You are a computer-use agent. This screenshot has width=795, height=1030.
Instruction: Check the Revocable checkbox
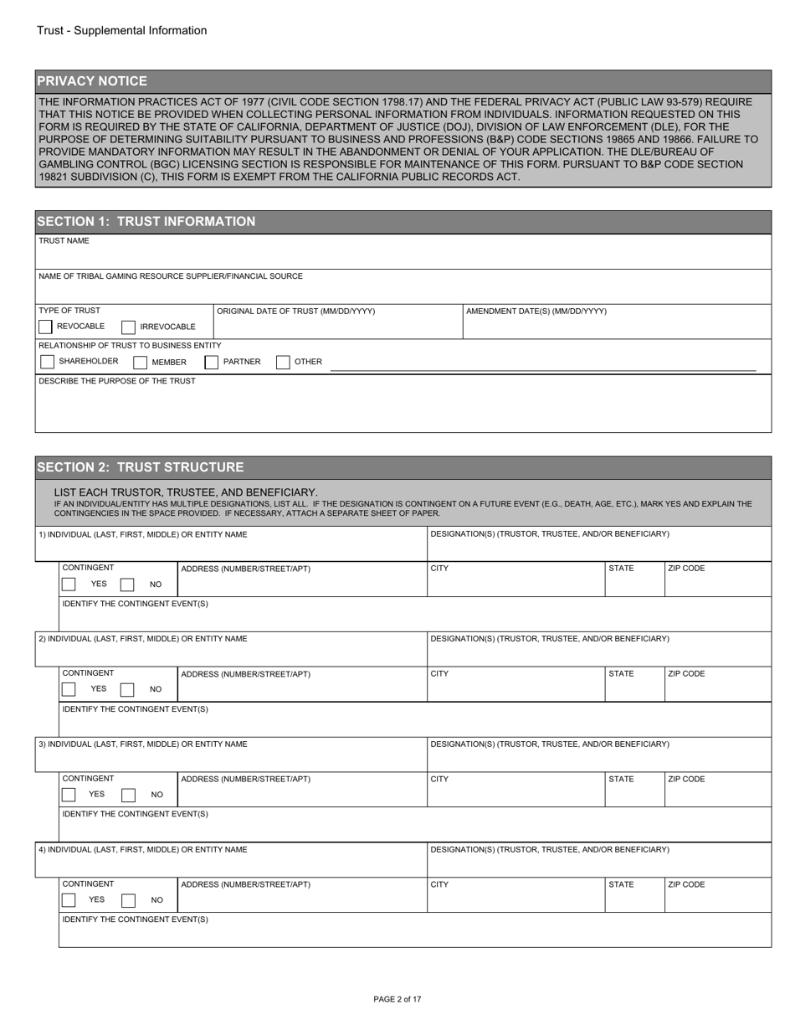(x=46, y=327)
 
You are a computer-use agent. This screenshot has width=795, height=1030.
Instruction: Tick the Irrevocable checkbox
(x=129, y=327)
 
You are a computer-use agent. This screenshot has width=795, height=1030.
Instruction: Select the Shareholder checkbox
(x=47, y=362)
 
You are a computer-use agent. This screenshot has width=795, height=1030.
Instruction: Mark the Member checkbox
(x=141, y=363)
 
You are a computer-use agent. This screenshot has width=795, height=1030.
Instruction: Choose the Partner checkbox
(x=212, y=363)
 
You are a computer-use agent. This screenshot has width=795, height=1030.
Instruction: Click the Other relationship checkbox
(x=284, y=363)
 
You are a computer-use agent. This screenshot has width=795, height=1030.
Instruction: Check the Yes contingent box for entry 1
(x=69, y=585)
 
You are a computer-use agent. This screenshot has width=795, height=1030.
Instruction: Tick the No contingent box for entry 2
(x=127, y=689)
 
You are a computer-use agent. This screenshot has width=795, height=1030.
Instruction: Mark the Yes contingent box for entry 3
(x=69, y=795)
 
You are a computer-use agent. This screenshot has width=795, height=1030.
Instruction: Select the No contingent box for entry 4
(x=128, y=900)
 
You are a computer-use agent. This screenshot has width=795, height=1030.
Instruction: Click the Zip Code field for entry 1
(x=717, y=585)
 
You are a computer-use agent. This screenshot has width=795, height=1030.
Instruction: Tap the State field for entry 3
(x=634, y=795)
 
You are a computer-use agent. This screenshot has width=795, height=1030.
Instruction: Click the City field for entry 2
(x=515, y=689)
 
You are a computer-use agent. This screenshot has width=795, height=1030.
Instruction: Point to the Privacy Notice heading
(x=92, y=81)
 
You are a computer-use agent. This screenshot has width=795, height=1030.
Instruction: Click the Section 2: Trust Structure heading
(x=141, y=467)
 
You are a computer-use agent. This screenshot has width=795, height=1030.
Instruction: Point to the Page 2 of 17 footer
(x=397, y=999)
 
